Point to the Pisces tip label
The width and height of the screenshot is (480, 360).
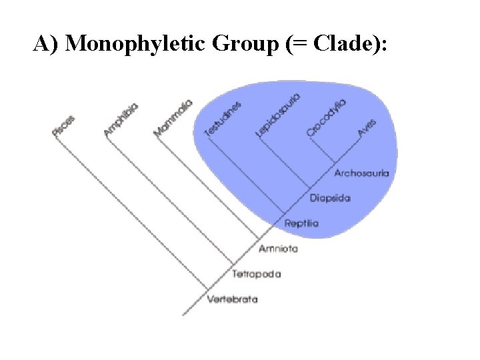tap(64, 126)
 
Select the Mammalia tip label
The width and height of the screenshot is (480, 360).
tap(173, 118)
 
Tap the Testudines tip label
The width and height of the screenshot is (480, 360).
tap(222, 118)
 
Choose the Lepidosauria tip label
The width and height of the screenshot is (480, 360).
tap(277, 115)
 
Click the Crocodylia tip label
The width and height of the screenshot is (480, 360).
tap(326, 117)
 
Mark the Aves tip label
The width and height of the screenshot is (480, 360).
tap(367, 127)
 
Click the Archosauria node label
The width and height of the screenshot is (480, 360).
tap(361, 173)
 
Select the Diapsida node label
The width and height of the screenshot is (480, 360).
tap(330, 198)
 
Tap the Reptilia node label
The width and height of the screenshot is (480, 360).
tap(301, 223)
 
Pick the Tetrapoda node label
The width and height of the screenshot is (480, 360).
tap(257, 274)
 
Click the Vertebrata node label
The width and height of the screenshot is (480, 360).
tap(232, 299)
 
